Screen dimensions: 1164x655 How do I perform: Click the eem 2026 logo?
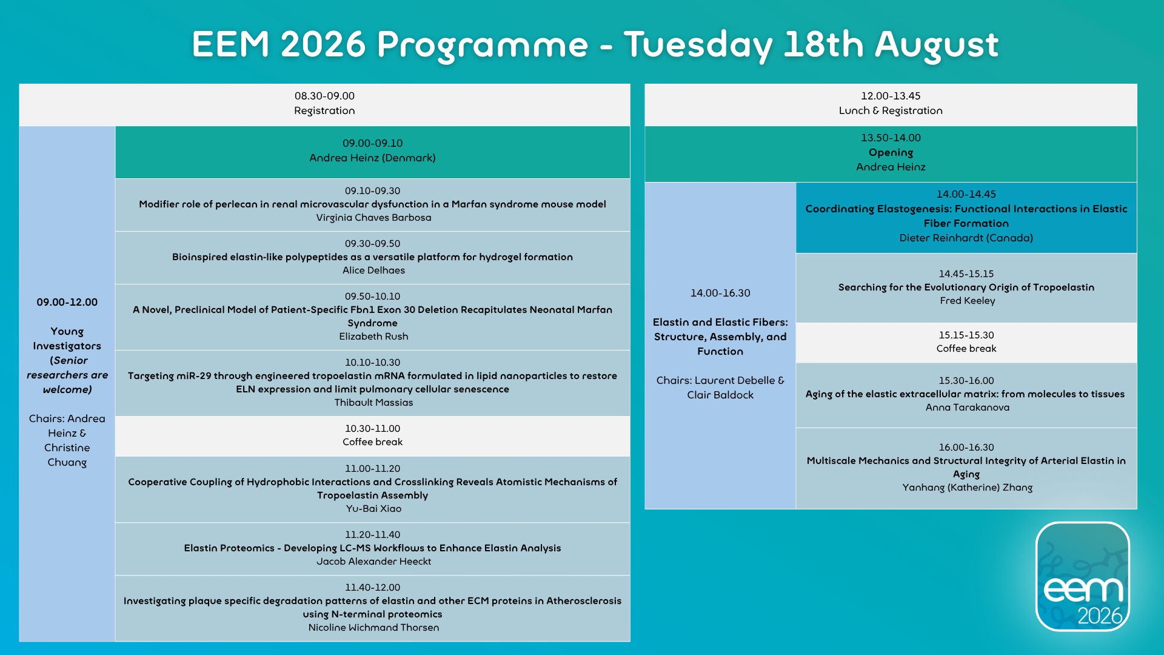(x=1083, y=576)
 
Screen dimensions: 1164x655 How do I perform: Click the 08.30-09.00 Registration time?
(x=324, y=96)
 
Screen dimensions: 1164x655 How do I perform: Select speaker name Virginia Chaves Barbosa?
(x=373, y=218)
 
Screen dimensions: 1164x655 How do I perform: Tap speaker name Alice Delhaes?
(x=373, y=270)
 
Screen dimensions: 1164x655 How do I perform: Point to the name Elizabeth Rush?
(x=373, y=337)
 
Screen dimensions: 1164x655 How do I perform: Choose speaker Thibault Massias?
(x=373, y=403)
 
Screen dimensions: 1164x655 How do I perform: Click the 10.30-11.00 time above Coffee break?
(x=372, y=429)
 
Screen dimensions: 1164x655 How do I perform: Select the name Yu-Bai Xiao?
(x=373, y=509)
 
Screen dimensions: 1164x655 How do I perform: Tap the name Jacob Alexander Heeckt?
(x=373, y=562)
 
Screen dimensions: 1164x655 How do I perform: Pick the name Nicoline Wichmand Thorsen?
(x=373, y=628)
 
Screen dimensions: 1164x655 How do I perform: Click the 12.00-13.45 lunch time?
(x=891, y=96)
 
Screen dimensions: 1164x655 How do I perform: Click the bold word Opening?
(x=891, y=153)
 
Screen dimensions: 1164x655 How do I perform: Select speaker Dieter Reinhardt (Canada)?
(x=966, y=238)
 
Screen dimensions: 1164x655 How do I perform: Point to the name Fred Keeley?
(x=968, y=301)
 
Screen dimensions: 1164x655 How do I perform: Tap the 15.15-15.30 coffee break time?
(x=966, y=335)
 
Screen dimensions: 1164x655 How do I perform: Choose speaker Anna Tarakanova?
(x=968, y=408)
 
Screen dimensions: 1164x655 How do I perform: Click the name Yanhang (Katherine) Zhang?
(x=968, y=488)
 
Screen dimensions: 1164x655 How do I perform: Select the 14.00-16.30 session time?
(x=720, y=293)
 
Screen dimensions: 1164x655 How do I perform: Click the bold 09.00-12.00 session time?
(x=67, y=302)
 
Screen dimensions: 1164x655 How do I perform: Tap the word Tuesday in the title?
(x=698, y=45)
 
